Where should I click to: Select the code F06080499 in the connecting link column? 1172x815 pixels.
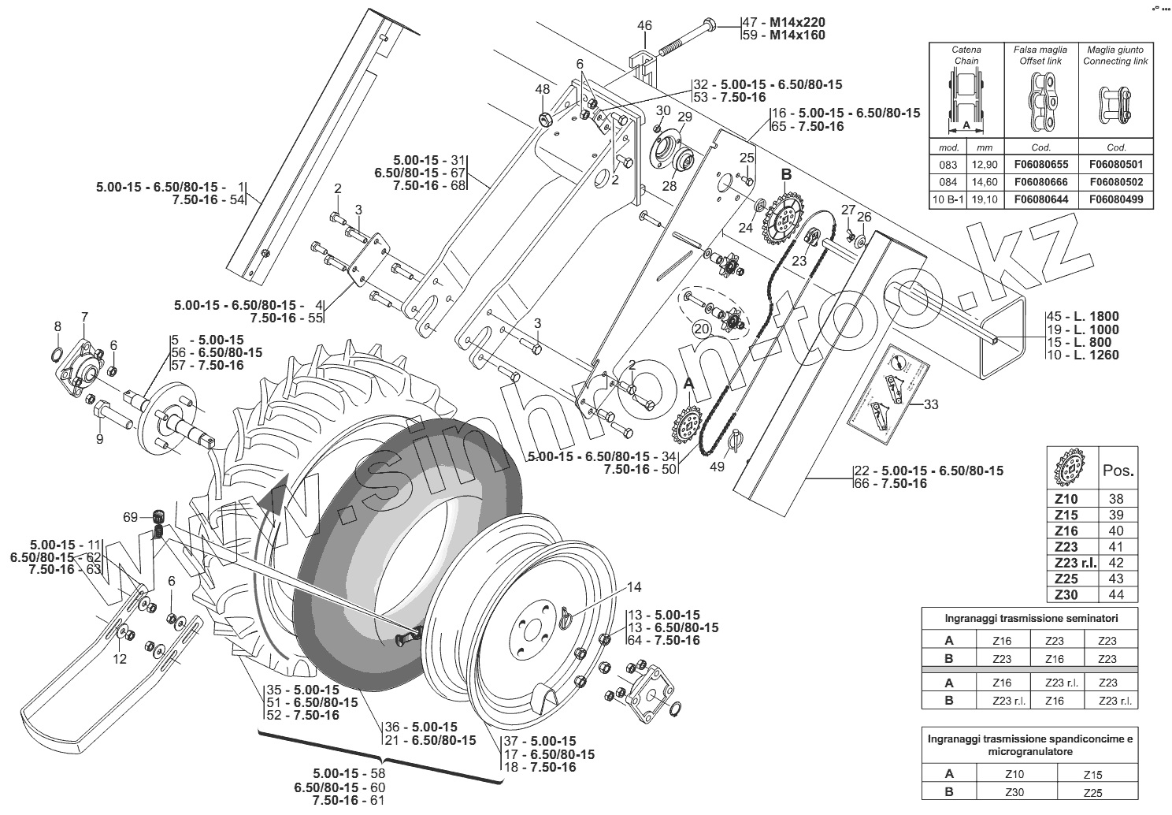pos(1116,199)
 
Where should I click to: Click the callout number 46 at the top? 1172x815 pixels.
pos(644,25)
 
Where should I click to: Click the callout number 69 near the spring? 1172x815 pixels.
pos(130,517)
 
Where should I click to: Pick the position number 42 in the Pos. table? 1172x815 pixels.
pos(1116,563)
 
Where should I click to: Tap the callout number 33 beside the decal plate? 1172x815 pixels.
pos(931,405)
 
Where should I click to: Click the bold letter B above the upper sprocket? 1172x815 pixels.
pos(785,174)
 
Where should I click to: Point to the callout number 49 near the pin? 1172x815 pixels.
pos(717,467)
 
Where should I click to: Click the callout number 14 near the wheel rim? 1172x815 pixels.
pos(634,586)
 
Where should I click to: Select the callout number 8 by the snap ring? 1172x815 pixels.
pos(57,326)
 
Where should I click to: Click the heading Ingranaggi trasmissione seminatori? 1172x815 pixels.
pos(1029,617)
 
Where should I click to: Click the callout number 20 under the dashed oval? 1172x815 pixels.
pos(701,326)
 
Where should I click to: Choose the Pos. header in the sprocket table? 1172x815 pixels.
pos(1118,471)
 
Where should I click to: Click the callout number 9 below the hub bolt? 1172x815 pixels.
pos(100,439)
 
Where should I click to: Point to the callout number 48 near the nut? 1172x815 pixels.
pos(543,89)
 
